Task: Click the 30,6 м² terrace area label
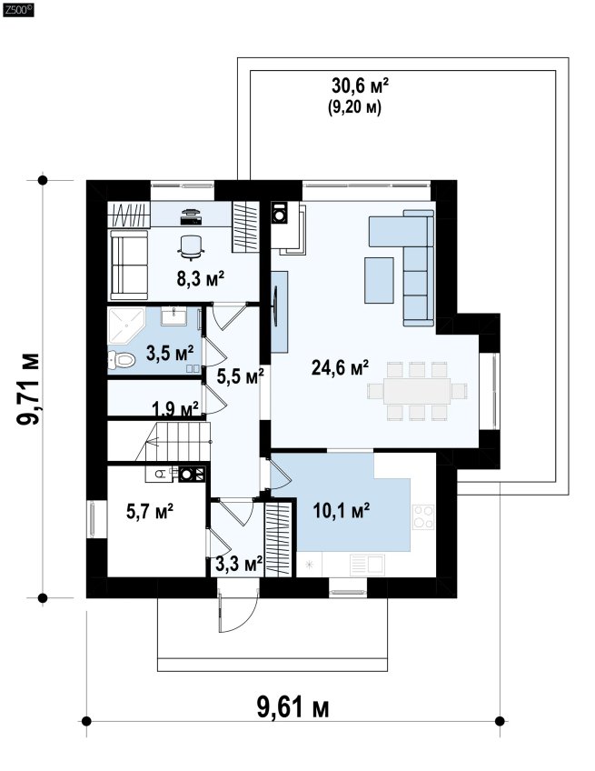[360, 86]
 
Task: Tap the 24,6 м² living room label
[340, 367]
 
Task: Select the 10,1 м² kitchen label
[342, 511]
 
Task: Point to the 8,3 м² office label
[201, 279]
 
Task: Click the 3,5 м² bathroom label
[170, 352]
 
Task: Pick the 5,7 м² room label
[150, 511]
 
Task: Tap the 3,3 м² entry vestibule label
[239, 564]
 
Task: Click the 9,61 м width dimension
[293, 707]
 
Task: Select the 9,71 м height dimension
[28, 389]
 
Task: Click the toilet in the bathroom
[122, 360]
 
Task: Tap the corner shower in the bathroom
[126, 326]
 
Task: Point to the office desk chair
[191, 245]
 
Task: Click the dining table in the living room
[417, 391]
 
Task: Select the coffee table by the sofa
[379, 280]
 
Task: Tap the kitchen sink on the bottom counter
[367, 565]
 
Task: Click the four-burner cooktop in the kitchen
[423, 516]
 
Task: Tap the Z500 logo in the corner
[18, 10]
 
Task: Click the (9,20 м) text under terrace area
[355, 107]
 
